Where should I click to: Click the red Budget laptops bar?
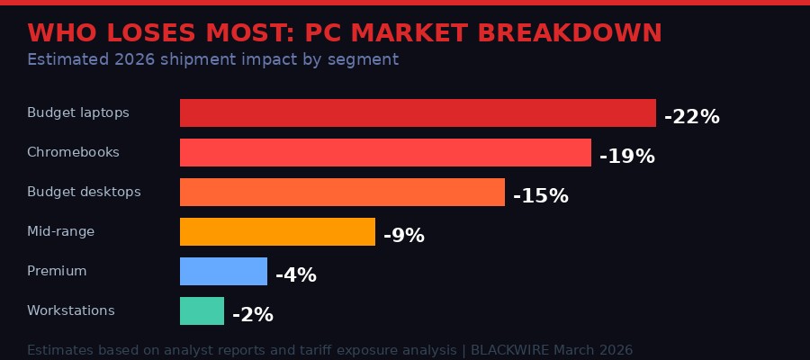coord(418,113)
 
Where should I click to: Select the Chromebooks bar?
coord(385,153)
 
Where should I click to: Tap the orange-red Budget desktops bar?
coord(342,193)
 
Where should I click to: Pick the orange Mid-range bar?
coord(277,232)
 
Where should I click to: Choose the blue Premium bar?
coord(223,272)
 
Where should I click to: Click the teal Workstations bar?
coord(202,311)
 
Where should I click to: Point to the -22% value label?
coord(691,117)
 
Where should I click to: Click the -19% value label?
coord(626,157)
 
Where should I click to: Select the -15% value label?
coord(540,196)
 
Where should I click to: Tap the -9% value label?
coord(403,236)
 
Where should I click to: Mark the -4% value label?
coord(295,275)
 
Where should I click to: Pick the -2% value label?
coord(252,315)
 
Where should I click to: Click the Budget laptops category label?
coord(78,113)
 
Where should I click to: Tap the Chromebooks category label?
coord(73,153)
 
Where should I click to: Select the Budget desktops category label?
coord(84,193)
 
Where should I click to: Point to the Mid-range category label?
coord(60,232)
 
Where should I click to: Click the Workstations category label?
coord(71,311)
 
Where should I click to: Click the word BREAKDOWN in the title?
coord(570,33)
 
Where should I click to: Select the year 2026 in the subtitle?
coord(141,60)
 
